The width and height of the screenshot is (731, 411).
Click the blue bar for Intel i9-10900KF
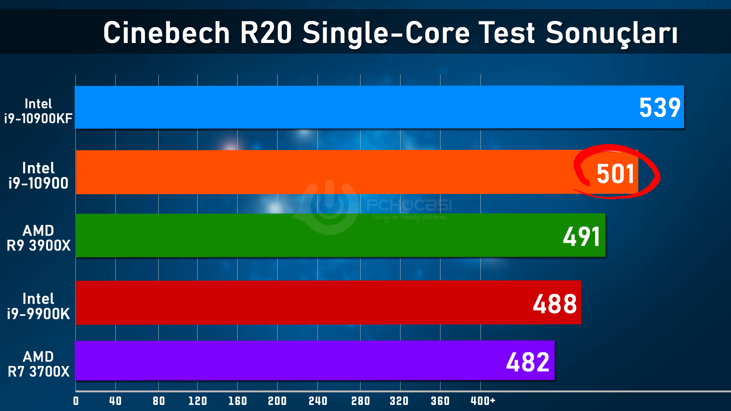coord(343,107)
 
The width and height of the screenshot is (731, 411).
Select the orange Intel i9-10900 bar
coord(324,172)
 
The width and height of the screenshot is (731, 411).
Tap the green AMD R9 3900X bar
coord(324,235)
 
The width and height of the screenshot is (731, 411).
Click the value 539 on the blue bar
coord(659,108)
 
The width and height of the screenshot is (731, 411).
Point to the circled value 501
coord(615,174)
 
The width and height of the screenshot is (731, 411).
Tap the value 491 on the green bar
coord(581,236)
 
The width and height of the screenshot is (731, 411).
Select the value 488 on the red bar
coord(555,304)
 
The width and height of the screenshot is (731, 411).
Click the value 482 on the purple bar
coord(528,362)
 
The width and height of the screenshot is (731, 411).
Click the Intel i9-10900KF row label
coord(38,111)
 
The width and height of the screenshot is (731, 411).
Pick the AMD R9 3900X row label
coord(38,238)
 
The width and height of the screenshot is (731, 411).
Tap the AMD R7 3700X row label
coord(38,364)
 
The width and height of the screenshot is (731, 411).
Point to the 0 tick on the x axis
coord(76,401)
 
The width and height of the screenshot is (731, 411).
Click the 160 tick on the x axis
coord(238,401)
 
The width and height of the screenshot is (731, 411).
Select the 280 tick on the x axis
coord(361,401)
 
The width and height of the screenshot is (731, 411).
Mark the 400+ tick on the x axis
coord(483,401)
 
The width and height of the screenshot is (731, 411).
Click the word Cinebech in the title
coord(166,33)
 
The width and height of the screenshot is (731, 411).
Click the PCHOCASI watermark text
coord(409,205)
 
